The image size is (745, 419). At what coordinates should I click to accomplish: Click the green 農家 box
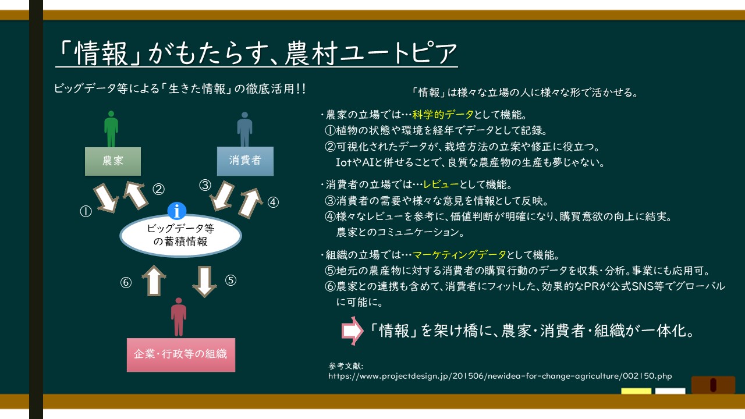coord(113,161)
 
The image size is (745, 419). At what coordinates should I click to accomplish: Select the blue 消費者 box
coord(245,161)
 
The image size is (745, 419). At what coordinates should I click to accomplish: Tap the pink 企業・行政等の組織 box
coord(181,355)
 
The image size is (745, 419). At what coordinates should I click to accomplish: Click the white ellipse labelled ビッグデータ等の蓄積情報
coord(180,236)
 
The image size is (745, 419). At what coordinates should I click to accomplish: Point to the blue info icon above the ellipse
coord(176,211)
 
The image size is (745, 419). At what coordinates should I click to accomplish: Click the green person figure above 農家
coord(111,129)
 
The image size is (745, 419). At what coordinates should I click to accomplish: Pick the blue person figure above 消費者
coord(245,129)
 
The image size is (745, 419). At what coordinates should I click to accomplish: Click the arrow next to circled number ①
coord(107,198)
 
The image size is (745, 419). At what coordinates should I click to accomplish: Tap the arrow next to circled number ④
coord(250,203)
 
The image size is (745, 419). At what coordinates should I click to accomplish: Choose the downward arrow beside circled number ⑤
coord(204,281)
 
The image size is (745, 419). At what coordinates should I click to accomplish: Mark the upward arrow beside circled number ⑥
coord(154,280)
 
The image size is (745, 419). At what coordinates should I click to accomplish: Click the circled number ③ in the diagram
coord(205,185)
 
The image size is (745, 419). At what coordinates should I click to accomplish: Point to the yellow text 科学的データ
coord(443,115)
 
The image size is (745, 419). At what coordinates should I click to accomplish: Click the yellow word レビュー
coord(441,184)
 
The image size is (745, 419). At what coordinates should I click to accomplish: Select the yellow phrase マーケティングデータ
coord(459,255)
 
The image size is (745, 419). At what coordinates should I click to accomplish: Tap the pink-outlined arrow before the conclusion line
coord(352,331)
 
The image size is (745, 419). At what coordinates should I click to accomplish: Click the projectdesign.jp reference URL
coord(500,376)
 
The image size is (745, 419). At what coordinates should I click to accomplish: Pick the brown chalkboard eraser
coord(713,385)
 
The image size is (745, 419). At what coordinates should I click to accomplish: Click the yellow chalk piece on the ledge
coord(636,391)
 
